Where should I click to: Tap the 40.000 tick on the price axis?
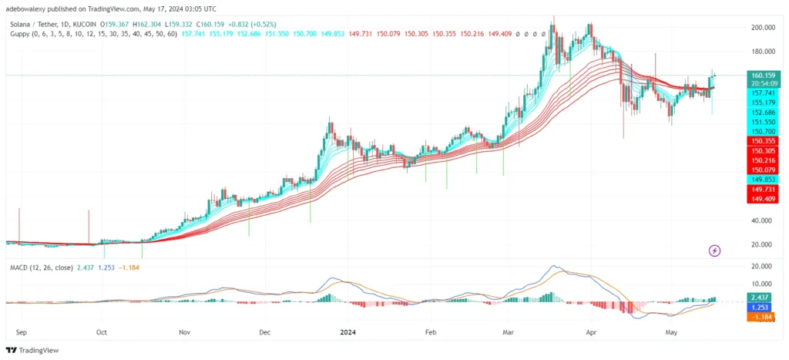point(764,220)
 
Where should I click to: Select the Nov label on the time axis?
point(183,333)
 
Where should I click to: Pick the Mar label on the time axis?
point(509,333)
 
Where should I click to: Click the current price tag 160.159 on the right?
point(762,76)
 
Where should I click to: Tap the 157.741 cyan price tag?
point(762,93)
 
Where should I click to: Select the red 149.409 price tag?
point(762,199)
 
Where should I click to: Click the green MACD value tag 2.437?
point(762,297)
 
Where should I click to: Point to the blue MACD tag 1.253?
point(762,306)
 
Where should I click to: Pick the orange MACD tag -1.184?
point(762,315)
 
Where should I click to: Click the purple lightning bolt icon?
point(714,251)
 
